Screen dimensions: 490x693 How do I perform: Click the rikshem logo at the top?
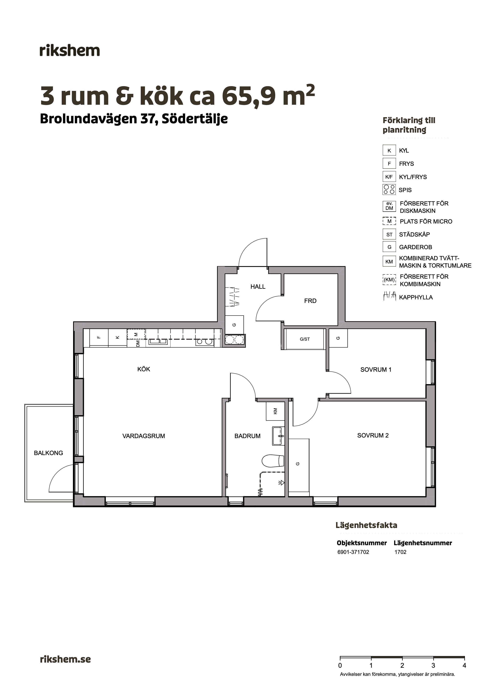[x=70, y=51]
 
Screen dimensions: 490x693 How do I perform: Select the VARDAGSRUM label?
[x=144, y=436]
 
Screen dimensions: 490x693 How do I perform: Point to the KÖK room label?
[x=144, y=369]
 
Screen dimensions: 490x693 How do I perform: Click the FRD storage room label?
[x=310, y=301]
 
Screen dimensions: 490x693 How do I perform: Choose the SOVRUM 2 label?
[x=373, y=436]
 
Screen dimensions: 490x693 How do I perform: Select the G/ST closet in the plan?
[x=305, y=339]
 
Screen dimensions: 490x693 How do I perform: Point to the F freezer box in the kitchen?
[x=99, y=338]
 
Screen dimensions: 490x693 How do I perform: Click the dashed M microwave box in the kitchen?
[x=136, y=334]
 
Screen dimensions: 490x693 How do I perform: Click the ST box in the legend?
[x=389, y=235]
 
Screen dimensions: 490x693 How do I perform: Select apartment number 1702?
[x=400, y=552]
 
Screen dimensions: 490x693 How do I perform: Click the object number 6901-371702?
[x=353, y=552]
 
